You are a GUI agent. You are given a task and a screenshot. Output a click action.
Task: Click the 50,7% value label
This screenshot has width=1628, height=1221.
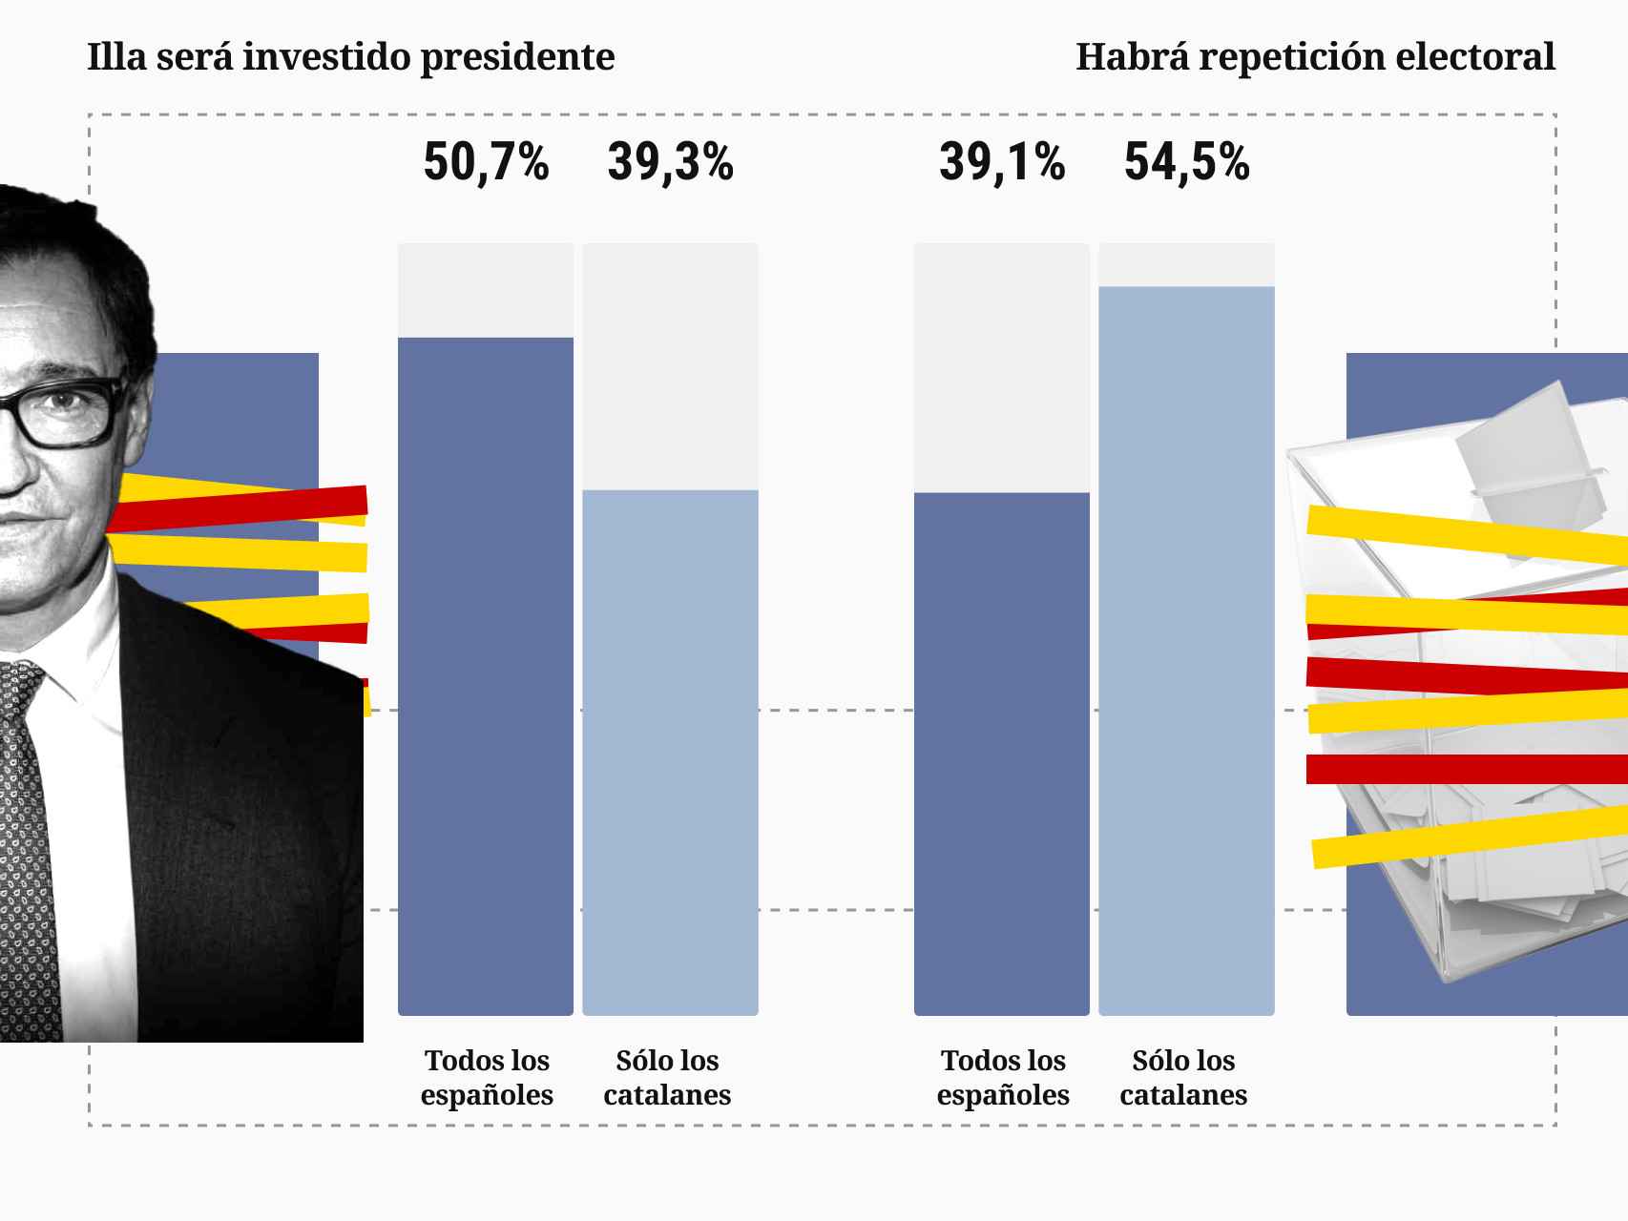(x=486, y=162)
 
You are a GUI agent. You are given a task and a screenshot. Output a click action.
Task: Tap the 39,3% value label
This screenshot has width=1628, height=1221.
(x=670, y=162)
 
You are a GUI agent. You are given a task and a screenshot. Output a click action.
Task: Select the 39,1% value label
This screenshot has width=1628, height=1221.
(x=1001, y=162)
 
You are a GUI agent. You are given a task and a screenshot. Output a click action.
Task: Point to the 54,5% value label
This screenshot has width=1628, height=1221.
(x=1186, y=162)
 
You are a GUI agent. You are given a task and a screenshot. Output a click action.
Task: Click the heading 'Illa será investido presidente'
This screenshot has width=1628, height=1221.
(x=350, y=57)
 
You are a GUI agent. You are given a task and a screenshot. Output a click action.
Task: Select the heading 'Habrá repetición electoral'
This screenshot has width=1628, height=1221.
(x=1315, y=57)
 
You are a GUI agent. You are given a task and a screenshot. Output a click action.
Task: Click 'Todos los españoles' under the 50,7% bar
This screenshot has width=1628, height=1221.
(x=487, y=1077)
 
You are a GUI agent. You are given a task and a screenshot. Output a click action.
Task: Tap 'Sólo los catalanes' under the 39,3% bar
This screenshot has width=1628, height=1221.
(x=667, y=1077)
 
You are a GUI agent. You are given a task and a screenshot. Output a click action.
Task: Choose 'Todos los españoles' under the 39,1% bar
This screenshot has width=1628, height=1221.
(x=1003, y=1077)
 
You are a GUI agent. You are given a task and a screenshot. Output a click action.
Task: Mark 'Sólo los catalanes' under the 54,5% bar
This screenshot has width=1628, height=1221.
(x=1183, y=1077)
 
